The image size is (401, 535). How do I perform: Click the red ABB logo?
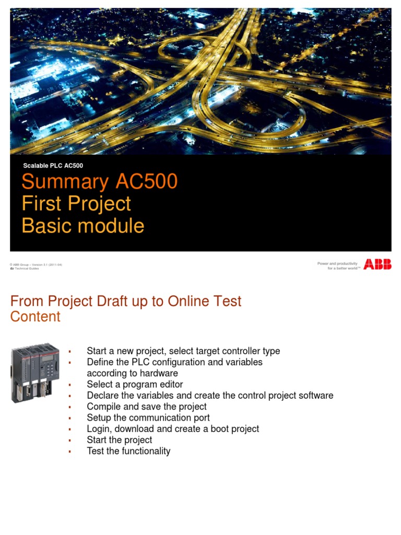(x=377, y=265)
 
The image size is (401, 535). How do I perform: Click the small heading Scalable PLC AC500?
(x=53, y=166)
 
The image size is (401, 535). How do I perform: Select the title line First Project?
(x=76, y=204)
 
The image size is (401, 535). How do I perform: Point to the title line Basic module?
(x=83, y=226)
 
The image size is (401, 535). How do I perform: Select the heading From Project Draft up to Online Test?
(x=126, y=301)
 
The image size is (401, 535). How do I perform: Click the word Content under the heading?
(x=36, y=317)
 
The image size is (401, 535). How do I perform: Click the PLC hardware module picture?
(x=34, y=373)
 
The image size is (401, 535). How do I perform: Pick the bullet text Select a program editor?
(x=135, y=385)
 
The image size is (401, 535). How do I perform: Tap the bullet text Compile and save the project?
(x=147, y=406)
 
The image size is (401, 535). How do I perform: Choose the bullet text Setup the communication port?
(x=148, y=417)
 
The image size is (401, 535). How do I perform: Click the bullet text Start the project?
(x=120, y=439)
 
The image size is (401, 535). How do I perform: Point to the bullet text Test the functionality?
(x=128, y=451)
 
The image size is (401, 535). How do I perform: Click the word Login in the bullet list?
(x=98, y=429)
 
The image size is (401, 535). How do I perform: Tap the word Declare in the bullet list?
(x=102, y=396)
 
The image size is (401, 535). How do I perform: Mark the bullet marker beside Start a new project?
(x=69, y=352)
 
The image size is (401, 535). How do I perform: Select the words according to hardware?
(x=132, y=373)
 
